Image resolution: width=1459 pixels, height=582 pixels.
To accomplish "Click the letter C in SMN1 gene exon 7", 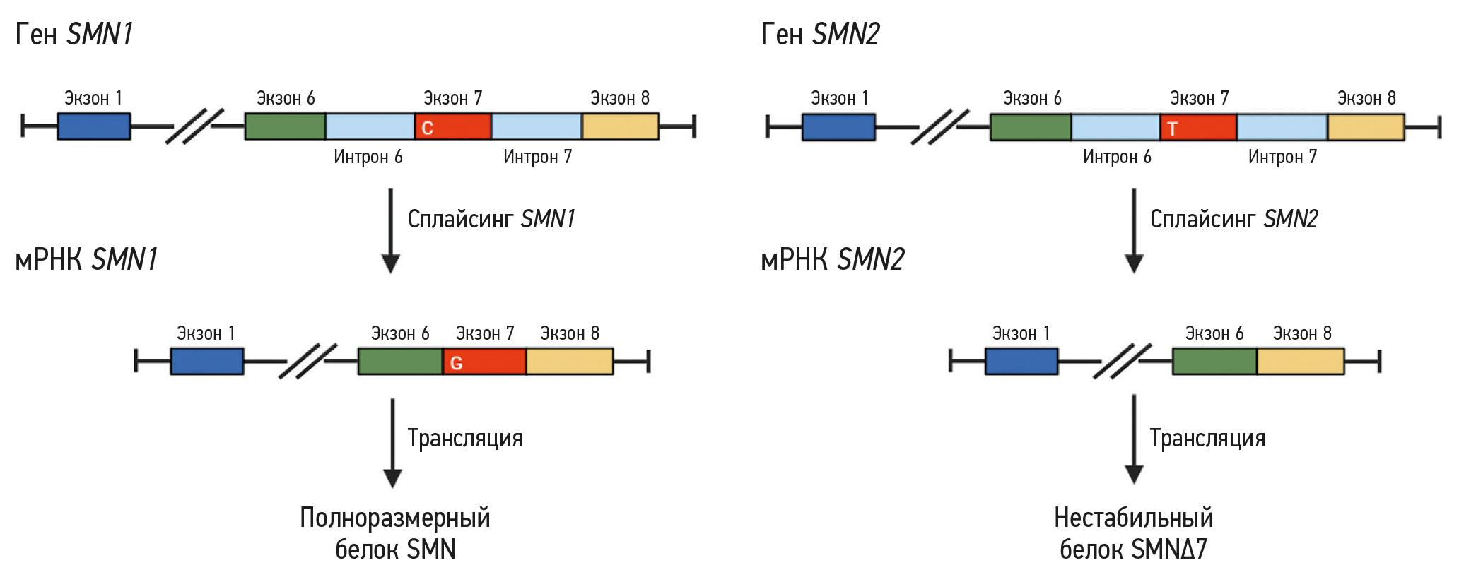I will [x=427, y=128].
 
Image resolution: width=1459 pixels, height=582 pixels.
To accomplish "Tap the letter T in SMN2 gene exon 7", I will [x=1172, y=129].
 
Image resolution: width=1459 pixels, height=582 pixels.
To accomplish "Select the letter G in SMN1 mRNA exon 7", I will [x=456, y=363].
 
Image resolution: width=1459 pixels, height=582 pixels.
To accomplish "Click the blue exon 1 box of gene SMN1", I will [x=93, y=126].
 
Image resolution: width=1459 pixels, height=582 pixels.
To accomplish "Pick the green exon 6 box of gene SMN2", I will [x=1030, y=127].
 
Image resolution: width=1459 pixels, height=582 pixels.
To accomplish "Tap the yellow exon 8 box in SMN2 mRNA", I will [x=1300, y=362].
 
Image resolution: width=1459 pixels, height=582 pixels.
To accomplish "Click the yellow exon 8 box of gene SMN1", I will [x=620, y=126].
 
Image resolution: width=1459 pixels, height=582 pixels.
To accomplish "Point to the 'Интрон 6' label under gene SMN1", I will [x=368, y=157].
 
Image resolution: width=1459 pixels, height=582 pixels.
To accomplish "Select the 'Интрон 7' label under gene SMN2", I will [x=1282, y=157].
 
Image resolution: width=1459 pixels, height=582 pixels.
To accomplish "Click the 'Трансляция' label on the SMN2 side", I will [x=1207, y=439].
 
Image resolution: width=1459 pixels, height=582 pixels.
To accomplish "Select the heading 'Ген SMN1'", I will [x=74, y=34].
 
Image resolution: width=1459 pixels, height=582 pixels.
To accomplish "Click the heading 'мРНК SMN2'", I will [x=832, y=260].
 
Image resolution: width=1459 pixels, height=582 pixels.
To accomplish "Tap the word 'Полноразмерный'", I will [x=394, y=518].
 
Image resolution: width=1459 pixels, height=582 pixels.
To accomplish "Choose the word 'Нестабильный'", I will [x=1133, y=518].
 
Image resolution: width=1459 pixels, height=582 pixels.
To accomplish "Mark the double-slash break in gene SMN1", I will [x=194, y=126].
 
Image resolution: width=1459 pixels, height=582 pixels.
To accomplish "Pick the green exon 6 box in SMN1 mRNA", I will [x=400, y=362].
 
